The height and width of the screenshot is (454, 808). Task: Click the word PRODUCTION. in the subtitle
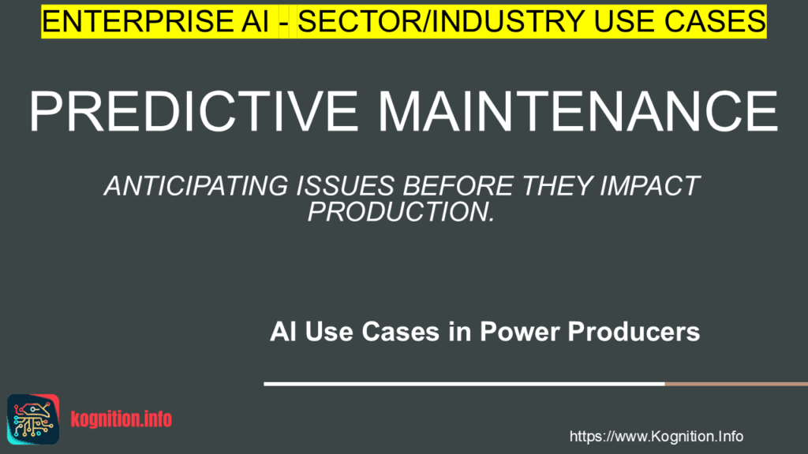pyautogui.click(x=401, y=210)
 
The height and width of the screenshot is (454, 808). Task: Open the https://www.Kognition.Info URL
pyautogui.click(x=656, y=437)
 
